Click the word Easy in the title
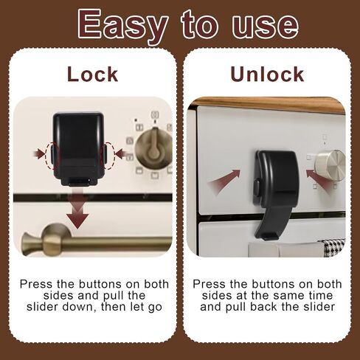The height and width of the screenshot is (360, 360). (122, 27)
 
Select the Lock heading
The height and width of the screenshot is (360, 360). (92, 74)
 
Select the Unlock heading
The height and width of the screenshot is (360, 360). (267, 74)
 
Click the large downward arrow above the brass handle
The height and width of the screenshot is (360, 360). (77, 212)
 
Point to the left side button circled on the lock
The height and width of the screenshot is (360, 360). (52, 155)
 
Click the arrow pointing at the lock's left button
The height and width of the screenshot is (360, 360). (39, 154)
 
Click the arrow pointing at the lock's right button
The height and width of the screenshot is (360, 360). (121, 154)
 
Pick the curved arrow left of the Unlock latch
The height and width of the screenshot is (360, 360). (224, 181)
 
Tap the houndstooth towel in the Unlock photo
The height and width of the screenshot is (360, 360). (333, 247)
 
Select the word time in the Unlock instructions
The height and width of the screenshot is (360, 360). (321, 295)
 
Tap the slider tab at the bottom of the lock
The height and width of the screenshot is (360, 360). (79, 182)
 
